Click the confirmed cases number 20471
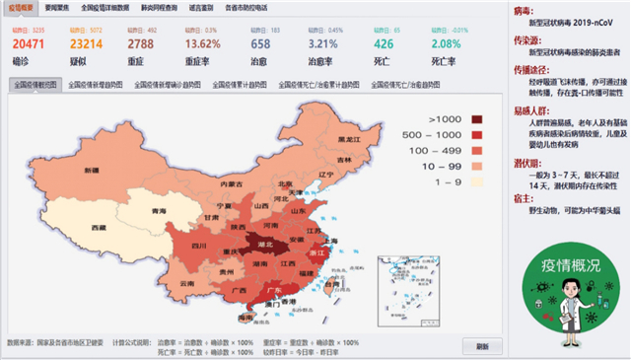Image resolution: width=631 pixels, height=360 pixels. [x=30, y=44]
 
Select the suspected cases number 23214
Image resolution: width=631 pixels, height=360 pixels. [x=87, y=44]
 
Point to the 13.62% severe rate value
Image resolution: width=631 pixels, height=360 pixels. [x=203, y=44]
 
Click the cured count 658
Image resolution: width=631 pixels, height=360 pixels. [x=260, y=44]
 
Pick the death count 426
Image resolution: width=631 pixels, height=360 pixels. [x=385, y=44]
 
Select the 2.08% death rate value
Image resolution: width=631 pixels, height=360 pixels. [x=446, y=44]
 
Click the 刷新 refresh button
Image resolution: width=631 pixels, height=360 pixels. [x=481, y=346]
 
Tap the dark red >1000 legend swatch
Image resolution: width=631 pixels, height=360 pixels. [x=478, y=119]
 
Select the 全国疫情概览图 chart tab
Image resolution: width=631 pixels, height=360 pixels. [x=36, y=85]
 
